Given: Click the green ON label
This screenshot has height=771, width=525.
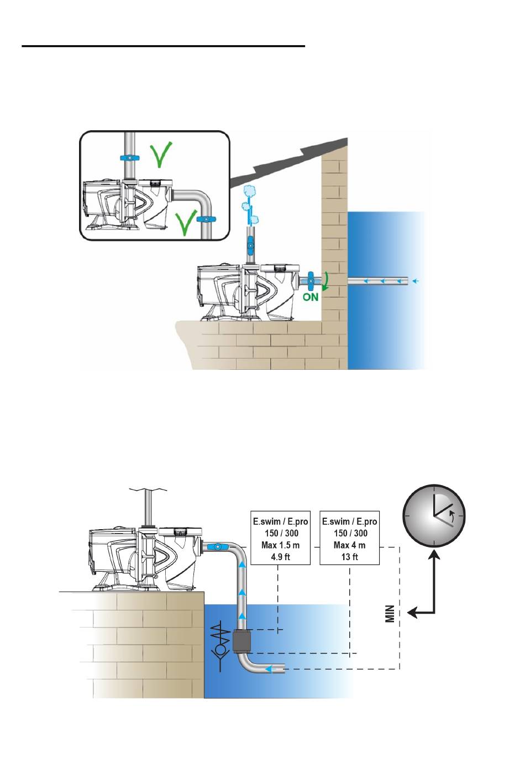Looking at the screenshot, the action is pos(310,297).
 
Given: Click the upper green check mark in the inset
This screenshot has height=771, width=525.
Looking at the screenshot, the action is pos(161,155).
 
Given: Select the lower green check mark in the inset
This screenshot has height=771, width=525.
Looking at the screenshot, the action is pos(185,224).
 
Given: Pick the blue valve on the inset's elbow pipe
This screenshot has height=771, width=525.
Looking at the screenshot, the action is pos(206,219).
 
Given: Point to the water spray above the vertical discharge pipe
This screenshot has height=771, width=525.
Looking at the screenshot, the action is pos(250,205).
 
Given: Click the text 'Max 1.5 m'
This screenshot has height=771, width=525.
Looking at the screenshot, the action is pos(280,545).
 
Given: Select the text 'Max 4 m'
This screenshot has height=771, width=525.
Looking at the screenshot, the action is pos(349,545).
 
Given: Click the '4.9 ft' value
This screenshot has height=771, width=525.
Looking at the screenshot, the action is pos(280,556).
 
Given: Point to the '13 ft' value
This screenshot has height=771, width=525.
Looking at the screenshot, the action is pos(349,556).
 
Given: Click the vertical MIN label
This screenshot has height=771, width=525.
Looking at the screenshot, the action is pos(390,614).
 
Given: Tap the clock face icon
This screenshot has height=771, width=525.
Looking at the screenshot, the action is pos(434,516).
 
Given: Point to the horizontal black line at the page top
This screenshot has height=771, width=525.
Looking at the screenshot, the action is pos(164,46).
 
